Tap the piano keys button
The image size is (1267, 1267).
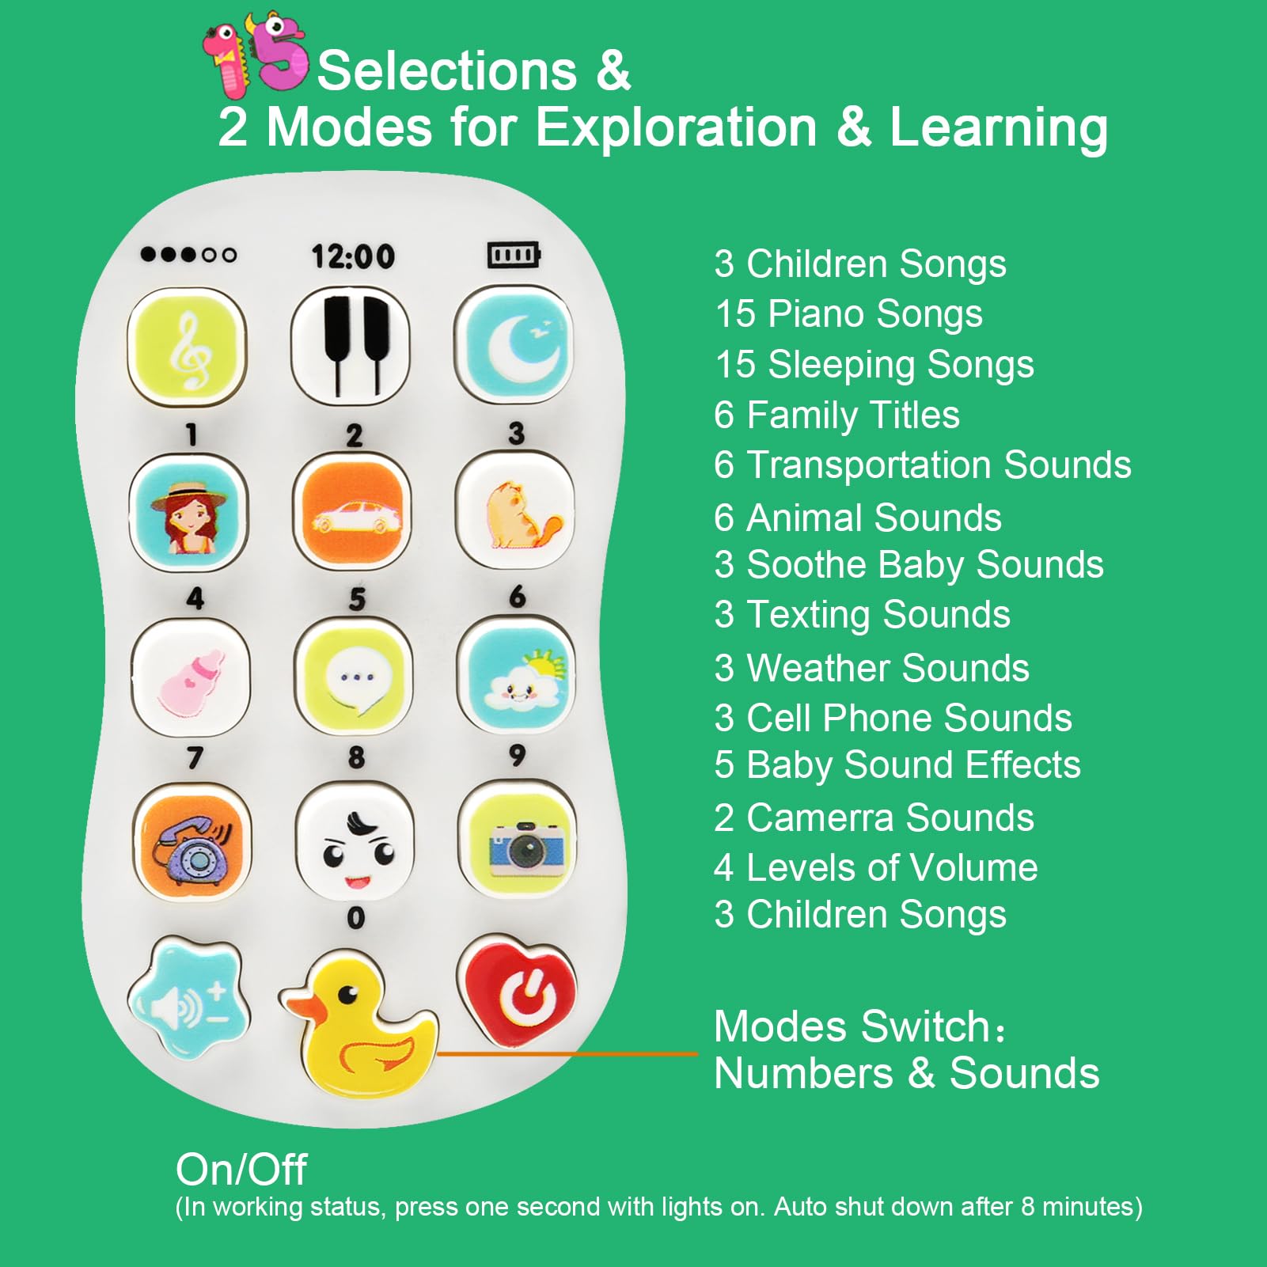pos(351,345)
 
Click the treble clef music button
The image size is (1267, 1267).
pos(188,348)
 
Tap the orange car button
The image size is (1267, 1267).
pos(352,513)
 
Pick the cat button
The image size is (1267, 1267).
pos(515,511)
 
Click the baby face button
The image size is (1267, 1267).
pos(355,841)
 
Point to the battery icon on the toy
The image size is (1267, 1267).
pos(514,255)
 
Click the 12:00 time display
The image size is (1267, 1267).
pos(353,256)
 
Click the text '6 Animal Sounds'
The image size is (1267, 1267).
pos(858,518)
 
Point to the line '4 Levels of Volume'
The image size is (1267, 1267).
pos(876,867)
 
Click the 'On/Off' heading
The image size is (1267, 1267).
pos(241,1169)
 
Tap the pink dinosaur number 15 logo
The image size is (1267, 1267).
pos(255,54)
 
